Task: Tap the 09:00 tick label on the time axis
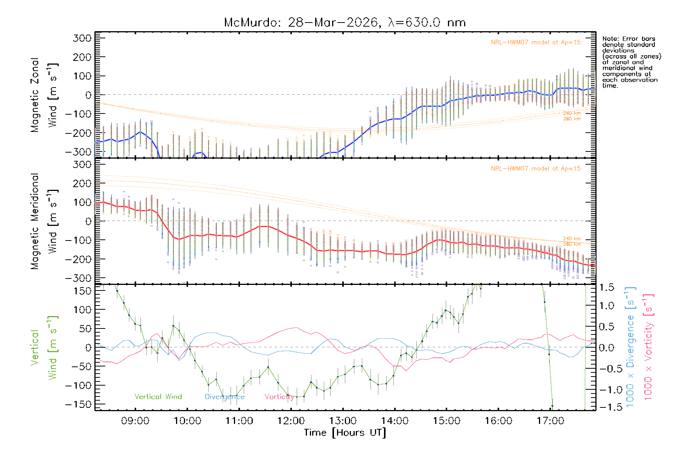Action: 135,421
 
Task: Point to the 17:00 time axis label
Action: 550,421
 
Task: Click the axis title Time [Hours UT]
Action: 345,433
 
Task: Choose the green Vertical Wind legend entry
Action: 158,397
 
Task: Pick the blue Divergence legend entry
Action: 225,397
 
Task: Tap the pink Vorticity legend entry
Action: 279,397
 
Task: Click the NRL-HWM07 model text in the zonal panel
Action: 536,42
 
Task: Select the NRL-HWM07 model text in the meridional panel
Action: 536,169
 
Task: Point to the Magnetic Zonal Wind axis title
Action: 44,95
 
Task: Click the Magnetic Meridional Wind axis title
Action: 44,221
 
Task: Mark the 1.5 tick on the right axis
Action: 607,288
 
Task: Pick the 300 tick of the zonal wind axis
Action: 82,38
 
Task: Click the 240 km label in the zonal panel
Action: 572,113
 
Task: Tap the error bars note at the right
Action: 631,62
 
